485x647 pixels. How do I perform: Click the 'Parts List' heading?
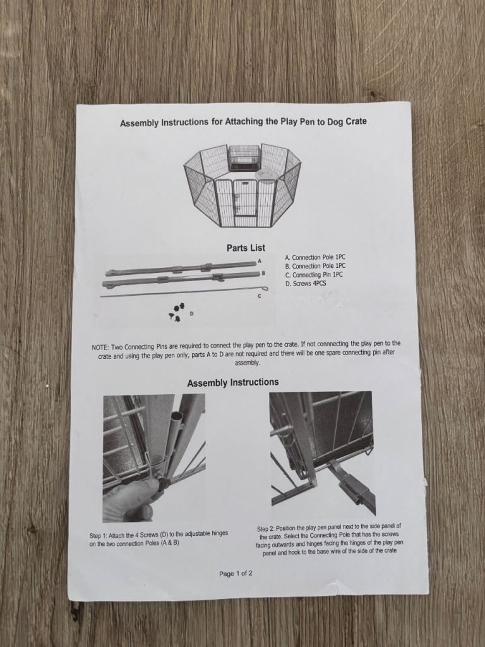point(246,248)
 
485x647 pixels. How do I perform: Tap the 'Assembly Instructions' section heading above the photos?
point(233,382)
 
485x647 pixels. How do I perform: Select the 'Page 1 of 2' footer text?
point(236,574)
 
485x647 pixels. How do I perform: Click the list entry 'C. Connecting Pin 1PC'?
point(314,275)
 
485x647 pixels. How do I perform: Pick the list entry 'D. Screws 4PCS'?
point(306,284)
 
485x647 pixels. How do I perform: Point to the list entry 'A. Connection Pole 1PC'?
point(315,257)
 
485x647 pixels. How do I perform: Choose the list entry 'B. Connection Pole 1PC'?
point(315,266)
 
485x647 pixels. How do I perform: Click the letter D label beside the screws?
point(191,314)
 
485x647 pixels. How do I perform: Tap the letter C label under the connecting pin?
point(260,296)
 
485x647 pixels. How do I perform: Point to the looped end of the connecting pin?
point(266,288)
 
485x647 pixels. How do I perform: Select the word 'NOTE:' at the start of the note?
point(100,348)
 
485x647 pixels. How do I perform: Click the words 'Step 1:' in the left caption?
point(98,536)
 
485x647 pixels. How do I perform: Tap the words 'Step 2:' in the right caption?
point(266,529)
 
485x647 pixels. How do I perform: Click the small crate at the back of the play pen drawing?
point(244,157)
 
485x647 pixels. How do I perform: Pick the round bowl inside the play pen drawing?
point(266,175)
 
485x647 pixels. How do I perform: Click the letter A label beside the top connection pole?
point(260,261)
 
